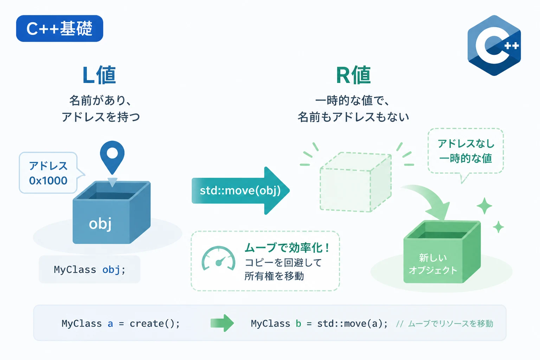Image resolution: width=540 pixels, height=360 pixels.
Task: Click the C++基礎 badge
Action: point(59,28)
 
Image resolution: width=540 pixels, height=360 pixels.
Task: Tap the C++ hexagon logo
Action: point(494,45)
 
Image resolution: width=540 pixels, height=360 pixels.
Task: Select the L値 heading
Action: point(99,75)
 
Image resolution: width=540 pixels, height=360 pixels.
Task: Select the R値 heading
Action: point(353,75)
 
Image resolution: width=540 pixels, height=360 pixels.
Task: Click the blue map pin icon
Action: point(112,157)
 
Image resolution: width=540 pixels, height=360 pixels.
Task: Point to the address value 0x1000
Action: point(48,181)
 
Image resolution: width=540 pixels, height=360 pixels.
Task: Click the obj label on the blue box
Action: point(100,224)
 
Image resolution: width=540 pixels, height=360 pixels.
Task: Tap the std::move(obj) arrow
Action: point(240,191)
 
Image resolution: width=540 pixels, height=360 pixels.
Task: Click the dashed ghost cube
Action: point(355,182)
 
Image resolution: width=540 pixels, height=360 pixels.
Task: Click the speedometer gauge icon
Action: point(218,258)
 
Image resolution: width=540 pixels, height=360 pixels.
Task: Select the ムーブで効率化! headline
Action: point(287,247)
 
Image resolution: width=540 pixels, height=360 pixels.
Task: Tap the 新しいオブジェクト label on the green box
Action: point(433,264)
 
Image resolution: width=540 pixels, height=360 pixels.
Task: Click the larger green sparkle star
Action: point(484,206)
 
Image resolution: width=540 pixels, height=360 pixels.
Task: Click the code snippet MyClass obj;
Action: point(90,269)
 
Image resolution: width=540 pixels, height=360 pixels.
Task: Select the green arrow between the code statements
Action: point(222,323)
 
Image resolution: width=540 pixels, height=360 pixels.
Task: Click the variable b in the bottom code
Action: point(298,323)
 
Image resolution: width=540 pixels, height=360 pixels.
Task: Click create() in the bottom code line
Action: point(155,323)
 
